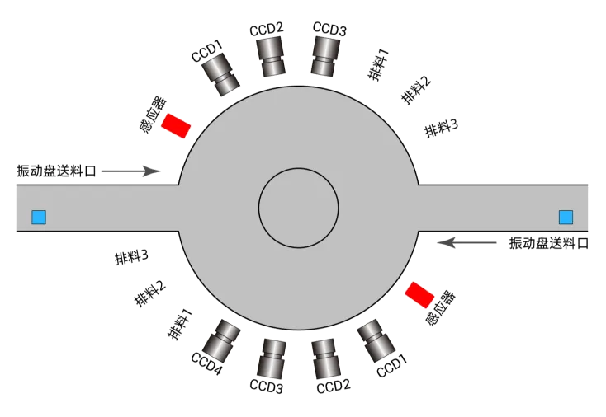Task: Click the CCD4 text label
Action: [x=206, y=362]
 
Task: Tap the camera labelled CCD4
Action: [x=221, y=340]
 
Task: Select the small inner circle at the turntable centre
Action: [x=298, y=208]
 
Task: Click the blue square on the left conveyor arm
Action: [x=39, y=218]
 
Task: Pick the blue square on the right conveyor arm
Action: [x=566, y=218]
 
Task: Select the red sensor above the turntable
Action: [x=175, y=125]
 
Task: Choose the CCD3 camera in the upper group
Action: [x=327, y=56]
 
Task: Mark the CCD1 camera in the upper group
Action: [x=221, y=77]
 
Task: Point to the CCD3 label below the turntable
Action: [x=267, y=387]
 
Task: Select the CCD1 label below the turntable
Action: [x=392, y=366]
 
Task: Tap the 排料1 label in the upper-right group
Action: [x=379, y=65]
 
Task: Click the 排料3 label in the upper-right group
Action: [x=441, y=128]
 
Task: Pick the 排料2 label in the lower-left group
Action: [x=149, y=294]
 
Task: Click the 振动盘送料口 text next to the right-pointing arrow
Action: [x=56, y=171]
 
